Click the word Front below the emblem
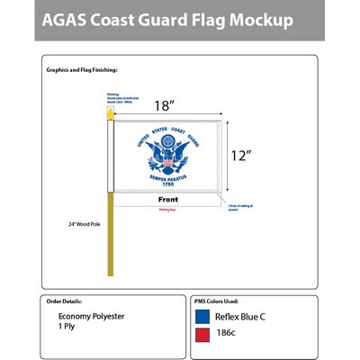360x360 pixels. click(168, 199)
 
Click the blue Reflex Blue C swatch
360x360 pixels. click(204, 316)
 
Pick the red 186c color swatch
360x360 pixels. click(204, 336)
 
